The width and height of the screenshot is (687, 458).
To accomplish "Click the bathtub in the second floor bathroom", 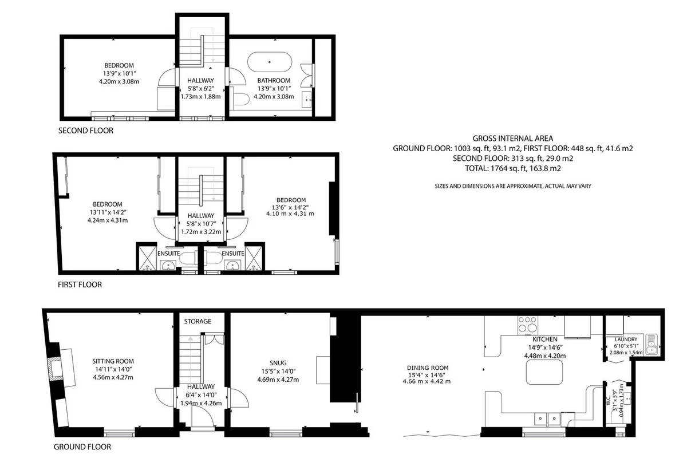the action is click(270, 62).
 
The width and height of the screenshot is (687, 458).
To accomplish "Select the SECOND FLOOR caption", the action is click(86, 131).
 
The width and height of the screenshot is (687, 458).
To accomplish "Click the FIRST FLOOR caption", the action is click(80, 285).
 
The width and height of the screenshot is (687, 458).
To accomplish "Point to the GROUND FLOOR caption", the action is click(82, 447).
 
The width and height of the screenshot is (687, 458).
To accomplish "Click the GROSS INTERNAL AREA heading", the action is click(513, 139).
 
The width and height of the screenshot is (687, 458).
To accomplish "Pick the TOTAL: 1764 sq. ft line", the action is click(513, 168).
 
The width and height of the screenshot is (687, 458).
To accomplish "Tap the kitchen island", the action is click(544, 372).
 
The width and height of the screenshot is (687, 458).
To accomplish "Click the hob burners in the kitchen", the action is click(527, 325).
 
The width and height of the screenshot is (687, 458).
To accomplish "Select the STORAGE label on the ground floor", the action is click(198, 322).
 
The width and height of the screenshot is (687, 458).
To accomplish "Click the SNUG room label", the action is click(278, 363).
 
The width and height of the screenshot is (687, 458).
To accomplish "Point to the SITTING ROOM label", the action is click(113, 361).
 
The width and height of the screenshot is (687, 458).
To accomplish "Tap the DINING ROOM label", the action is click(428, 368).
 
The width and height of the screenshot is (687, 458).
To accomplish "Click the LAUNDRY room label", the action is click(626, 339).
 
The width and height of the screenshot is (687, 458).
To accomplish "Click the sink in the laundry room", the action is click(651, 345).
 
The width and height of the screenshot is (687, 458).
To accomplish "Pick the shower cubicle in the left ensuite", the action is click(148, 258).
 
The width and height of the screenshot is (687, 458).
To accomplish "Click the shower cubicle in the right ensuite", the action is click(254, 258).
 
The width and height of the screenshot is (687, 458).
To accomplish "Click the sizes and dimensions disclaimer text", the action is click(513, 186).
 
